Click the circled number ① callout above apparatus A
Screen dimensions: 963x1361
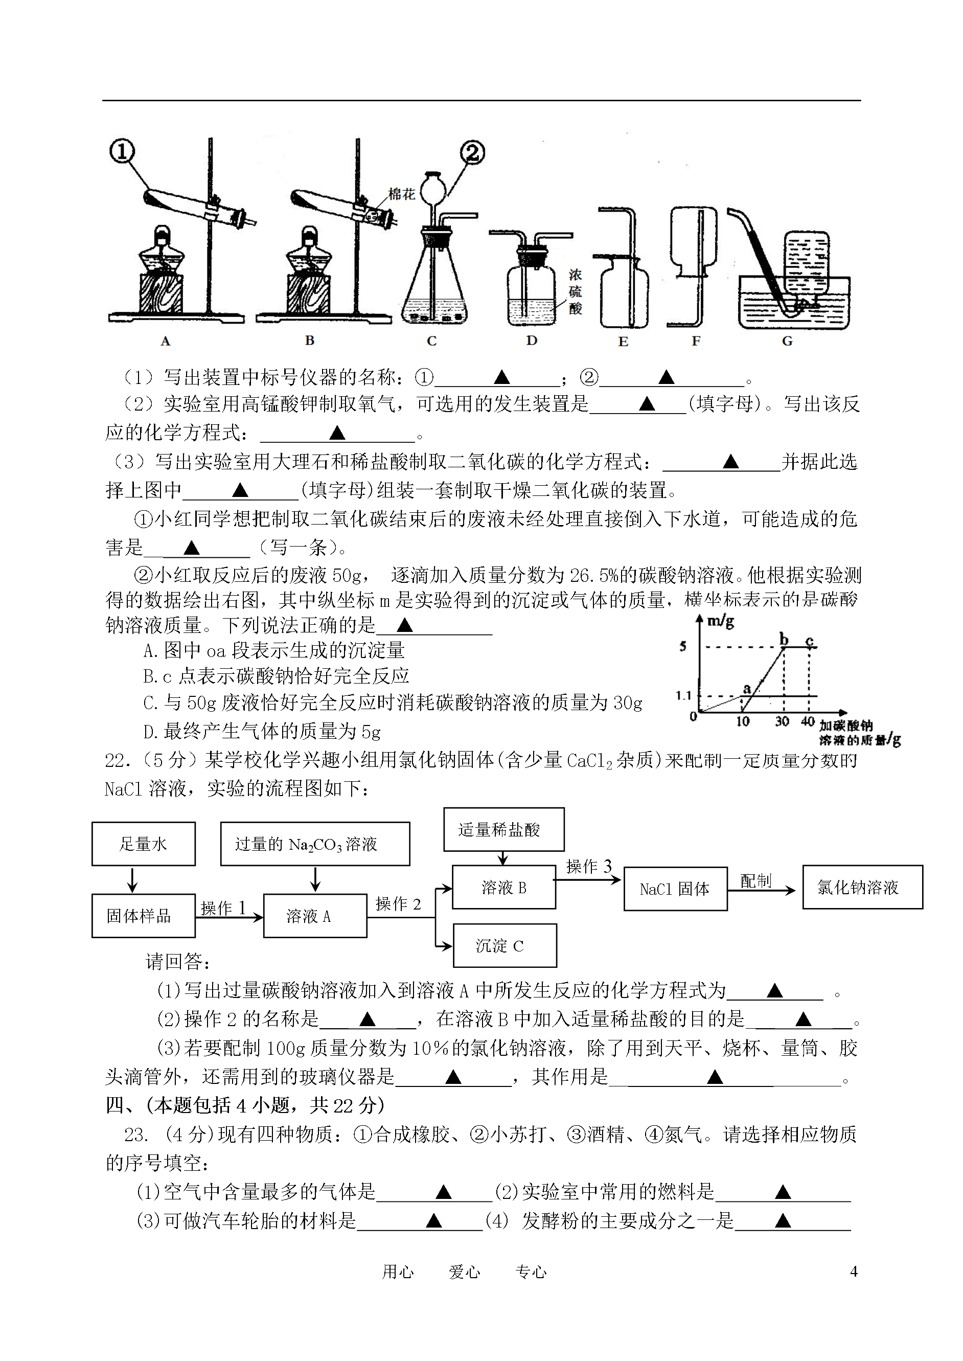[122, 151]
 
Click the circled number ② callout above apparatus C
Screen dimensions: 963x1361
[472, 153]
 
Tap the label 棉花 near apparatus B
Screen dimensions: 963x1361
[401, 194]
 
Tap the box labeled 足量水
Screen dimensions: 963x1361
[144, 844]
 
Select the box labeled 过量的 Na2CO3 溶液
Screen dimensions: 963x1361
[315, 844]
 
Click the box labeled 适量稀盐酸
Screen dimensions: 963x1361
[503, 830]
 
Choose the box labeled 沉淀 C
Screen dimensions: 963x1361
[505, 946]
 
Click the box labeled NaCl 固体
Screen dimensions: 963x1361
[675, 889]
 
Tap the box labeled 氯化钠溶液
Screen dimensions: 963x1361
[863, 887]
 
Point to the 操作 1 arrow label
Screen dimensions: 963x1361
[223, 908]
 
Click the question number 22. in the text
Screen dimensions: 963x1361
[115, 761]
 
